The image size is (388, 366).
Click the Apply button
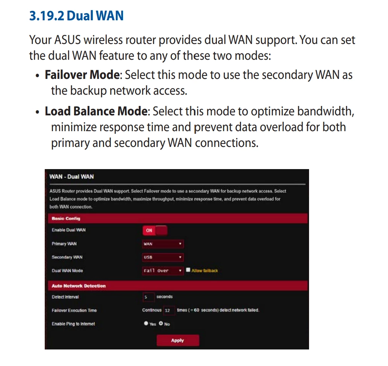tap(178, 340)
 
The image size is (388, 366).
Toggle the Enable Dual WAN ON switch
tap(155, 230)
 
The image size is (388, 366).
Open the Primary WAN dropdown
tap(162, 244)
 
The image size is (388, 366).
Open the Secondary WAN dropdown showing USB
tap(162, 257)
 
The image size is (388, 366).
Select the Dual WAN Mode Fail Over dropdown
tap(162, 271)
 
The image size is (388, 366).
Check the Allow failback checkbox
tap(188, 270)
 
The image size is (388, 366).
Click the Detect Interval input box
tap(149, 297)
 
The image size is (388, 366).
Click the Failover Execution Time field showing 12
tap(169, 310)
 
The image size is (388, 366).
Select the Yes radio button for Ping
tap(146, 323)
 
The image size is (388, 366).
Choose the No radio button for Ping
tap(161, 323)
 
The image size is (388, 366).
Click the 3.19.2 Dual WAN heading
tap(76, 15)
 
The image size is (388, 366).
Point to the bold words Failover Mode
tap(82, 75)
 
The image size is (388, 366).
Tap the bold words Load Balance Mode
tap(96, 111)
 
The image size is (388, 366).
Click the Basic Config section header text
tap(66, 218)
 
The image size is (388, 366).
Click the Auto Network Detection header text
tap(79, 286)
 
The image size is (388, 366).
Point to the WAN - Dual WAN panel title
tap(71, 177)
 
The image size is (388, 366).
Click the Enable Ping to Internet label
tap(73, 324)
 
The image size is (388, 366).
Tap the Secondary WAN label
tap(67, 257)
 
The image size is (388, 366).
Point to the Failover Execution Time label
tap(74, 310)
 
